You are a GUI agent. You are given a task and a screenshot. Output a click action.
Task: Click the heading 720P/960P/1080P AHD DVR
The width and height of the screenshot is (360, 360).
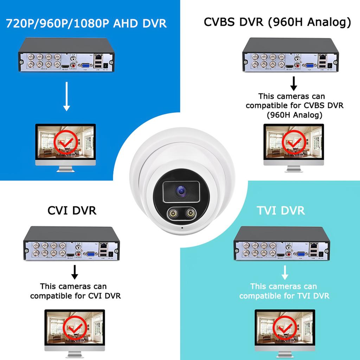tap(86, 23)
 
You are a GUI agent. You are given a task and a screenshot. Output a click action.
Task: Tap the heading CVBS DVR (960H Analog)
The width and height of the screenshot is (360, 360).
tap(277, 22)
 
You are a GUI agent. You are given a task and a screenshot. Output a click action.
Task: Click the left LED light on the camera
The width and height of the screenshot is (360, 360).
tap(173, 213)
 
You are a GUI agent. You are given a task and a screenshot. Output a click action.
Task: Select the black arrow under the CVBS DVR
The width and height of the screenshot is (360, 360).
tap(294, 83)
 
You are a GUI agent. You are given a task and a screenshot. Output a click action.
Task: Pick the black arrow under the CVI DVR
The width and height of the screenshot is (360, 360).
tap(75, 272)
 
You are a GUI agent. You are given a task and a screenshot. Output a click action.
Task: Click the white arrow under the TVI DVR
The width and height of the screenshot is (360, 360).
tap(285, 272)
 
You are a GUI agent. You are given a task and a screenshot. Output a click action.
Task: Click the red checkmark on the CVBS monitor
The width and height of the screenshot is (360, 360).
tap(293, 142)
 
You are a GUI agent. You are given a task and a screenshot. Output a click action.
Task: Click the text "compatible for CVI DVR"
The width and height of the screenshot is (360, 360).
tap(75, 296)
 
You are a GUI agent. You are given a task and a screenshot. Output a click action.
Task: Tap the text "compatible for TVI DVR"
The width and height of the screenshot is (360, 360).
tap(284, 296)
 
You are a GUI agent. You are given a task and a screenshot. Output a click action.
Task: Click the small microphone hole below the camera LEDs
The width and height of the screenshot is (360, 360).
tap(182, 228)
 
